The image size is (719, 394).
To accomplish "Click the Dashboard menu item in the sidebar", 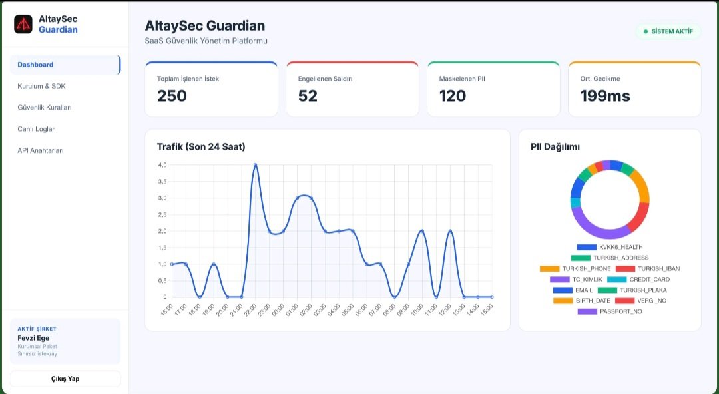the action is click(x=65, y=65).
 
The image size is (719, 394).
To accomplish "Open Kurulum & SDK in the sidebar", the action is click(x=42, y=87).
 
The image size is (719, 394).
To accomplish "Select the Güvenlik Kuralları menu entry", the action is click(x=45, y=108).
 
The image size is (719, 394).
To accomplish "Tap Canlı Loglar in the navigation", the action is click(x=36, y=129).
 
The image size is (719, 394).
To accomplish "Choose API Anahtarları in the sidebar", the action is click(x=41, y=150).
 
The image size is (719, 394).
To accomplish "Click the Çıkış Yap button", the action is click(x=65, y=379).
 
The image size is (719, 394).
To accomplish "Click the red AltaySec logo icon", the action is click(x=23, y=25).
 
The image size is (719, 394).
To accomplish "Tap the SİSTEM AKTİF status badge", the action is click(x=668, y=32).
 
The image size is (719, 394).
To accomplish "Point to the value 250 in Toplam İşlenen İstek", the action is click(x=172, y=96).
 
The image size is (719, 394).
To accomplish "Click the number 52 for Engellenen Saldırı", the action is click(x=308, y=96).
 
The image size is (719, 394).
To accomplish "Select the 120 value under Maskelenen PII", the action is click(x=453, y=96).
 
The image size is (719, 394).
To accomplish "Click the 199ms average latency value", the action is click(x=605, y=96).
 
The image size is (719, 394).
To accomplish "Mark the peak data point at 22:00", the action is click(x=256, y=165).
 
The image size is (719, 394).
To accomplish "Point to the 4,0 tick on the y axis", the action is click(x=162, y=164).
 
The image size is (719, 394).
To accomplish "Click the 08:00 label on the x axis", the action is click(x=389, y=309).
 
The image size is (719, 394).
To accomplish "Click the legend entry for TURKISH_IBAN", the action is click(x=648, y=269).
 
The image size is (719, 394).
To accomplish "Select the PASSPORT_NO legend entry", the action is click(x=610, y=312).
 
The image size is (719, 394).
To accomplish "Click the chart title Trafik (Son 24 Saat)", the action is click(x=201, y=147).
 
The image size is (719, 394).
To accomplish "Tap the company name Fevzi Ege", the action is click(x=33, y=339).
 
